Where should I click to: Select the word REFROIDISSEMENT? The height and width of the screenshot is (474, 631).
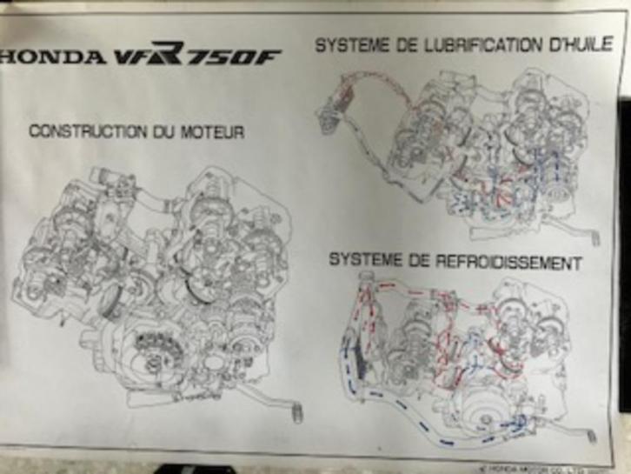tap(495, 261)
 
